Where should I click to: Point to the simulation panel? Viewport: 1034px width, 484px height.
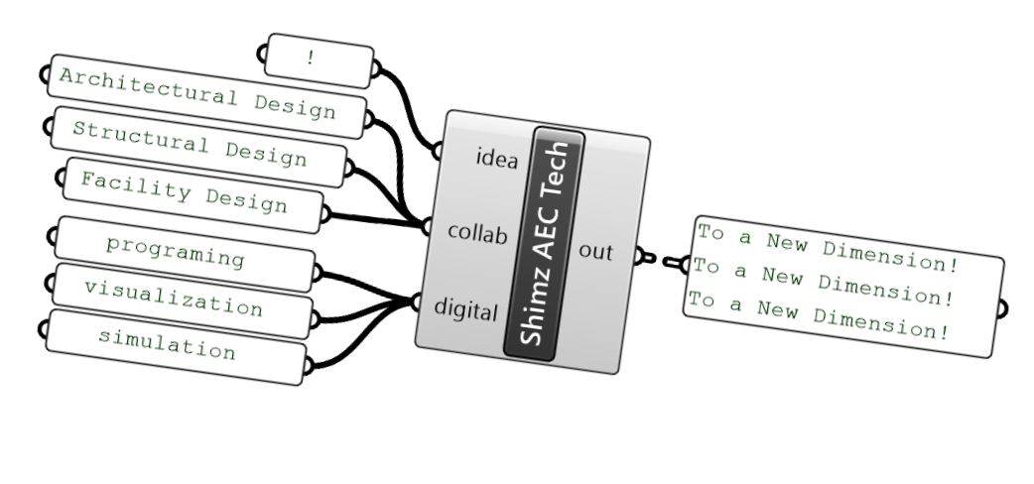click(173, 346)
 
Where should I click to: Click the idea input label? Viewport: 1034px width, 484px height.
click(497, 159)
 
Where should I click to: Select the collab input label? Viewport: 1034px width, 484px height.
click(477, 234)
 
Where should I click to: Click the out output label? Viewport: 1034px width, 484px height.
click(596, 252)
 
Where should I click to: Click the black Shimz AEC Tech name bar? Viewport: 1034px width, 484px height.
click(544, 244)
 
